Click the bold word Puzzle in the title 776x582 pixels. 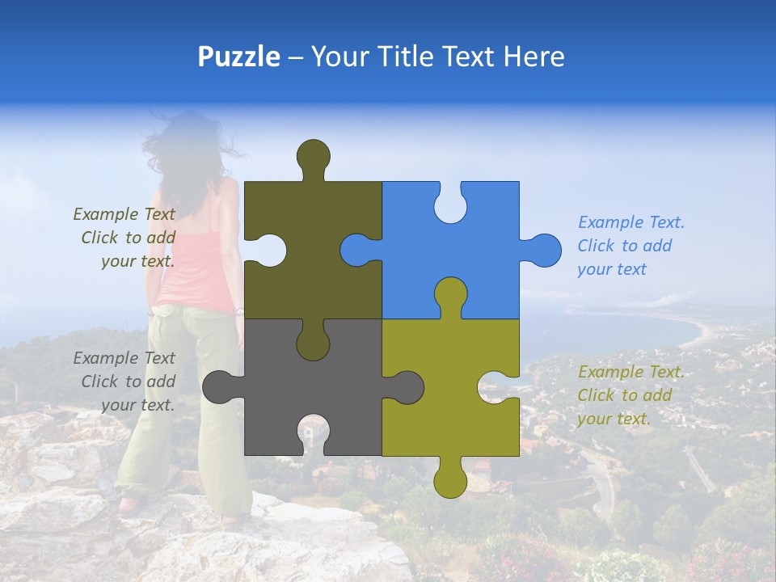pos(238,57)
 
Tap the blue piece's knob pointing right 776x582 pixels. pos(542,250)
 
